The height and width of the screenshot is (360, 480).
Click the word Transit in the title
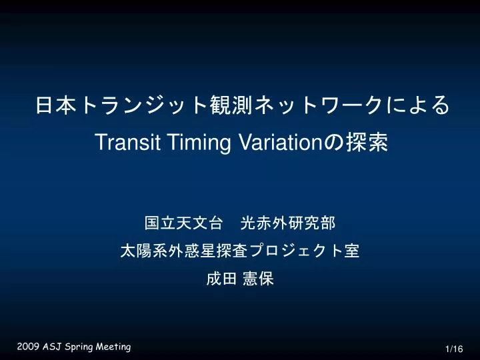point(128,142)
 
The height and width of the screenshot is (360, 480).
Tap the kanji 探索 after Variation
point(367,142)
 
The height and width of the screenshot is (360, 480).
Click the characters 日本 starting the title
point(56,105)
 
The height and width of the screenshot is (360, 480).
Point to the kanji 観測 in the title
point(231,105)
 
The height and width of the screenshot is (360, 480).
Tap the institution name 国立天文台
point(183,223)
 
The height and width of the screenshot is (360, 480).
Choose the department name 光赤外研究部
point(288,223)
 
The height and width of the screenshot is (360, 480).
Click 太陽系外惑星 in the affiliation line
point(168,251)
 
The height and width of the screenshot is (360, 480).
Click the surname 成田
point(221,279)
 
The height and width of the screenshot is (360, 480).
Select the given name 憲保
point(258,279)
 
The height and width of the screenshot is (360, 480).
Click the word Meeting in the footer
point(113,347)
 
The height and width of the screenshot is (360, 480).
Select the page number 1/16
point(454,349)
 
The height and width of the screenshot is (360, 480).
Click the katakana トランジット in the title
point(143,105)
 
